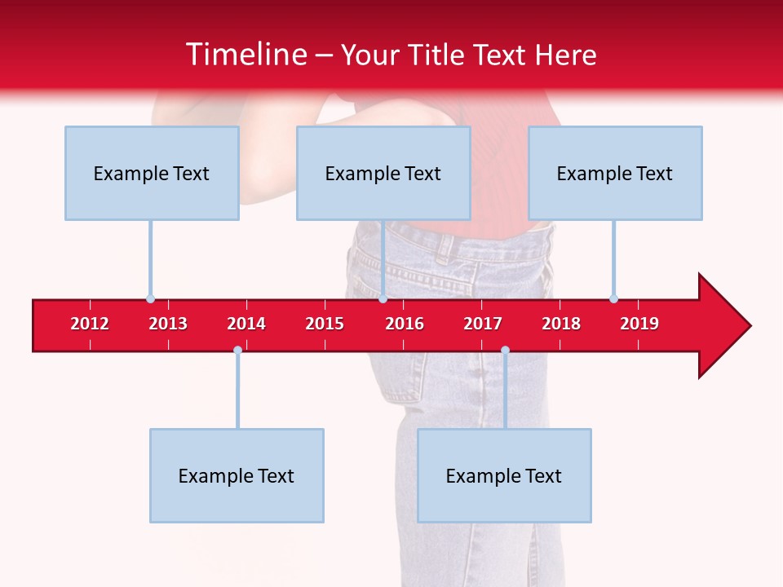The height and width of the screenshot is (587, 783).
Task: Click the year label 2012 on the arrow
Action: [90, 324]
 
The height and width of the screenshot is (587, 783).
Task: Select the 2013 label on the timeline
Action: [168, 324]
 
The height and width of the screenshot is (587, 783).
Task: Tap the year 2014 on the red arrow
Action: [246, 324]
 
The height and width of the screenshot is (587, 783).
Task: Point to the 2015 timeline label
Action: [325, 324]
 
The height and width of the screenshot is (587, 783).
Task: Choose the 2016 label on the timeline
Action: [405, 324]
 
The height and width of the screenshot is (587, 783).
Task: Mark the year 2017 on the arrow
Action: [483, 324]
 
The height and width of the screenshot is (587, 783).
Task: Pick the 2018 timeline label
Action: [561, 324]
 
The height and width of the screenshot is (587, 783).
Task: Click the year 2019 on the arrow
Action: [639, 324]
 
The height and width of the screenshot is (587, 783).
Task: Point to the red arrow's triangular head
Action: [722, 325]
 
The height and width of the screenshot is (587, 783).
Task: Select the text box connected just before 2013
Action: [152, 173]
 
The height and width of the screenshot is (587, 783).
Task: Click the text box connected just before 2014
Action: [237, 475]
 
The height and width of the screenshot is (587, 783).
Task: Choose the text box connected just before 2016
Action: [383, 173]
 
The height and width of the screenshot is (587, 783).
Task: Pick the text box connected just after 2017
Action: [504, 475]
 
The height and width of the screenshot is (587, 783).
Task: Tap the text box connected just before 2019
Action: [615, 173]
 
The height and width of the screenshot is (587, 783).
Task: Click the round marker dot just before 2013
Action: [150, 298]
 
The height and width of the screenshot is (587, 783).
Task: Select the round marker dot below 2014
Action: [237, 351]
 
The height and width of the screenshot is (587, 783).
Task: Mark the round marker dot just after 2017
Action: [505, 351]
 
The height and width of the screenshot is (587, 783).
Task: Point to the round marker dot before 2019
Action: [613, 298]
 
